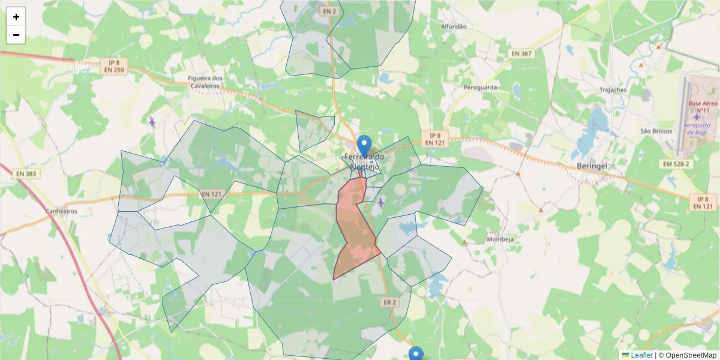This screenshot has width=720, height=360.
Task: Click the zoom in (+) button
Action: point(16,17)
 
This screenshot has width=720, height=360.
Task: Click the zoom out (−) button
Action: point(16,35)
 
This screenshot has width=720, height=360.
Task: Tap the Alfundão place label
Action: point(454,26)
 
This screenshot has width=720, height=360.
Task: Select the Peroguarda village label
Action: point(480,87)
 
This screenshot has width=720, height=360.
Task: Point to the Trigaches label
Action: point(613,90)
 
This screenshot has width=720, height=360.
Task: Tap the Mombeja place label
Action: point(500,239)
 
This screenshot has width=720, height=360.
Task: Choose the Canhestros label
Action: point(61,211)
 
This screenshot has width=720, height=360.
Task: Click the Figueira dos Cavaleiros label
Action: point(205,82)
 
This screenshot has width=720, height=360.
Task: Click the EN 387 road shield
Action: point(521,53)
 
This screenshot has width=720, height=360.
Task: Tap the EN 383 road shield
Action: point(26,174)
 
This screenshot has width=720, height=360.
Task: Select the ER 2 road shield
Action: point(388,302)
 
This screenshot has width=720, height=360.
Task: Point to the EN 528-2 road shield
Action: point(676,164)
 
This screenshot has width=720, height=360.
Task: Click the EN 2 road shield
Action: point(329,11)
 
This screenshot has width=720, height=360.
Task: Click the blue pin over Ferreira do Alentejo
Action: point(364,145)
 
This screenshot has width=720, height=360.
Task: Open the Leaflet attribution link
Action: point(641,355)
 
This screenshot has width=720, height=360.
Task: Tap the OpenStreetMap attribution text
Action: point(691,355)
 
